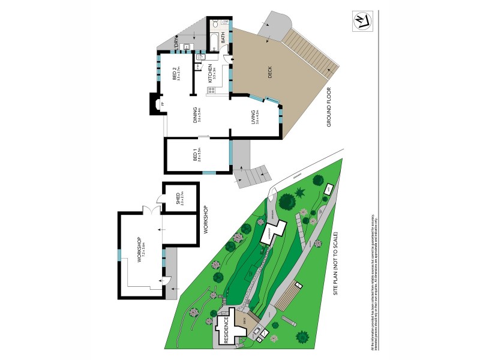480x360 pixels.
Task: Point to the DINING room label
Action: point(196,114)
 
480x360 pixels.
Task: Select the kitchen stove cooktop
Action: point(211,91)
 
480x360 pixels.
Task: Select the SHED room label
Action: point(178,197)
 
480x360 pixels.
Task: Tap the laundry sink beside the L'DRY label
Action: point(187,46)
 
